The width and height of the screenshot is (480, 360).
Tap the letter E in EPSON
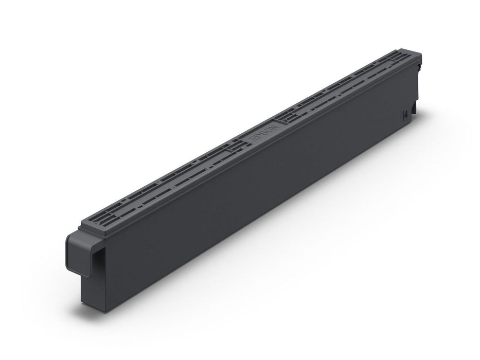click(252, 140)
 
